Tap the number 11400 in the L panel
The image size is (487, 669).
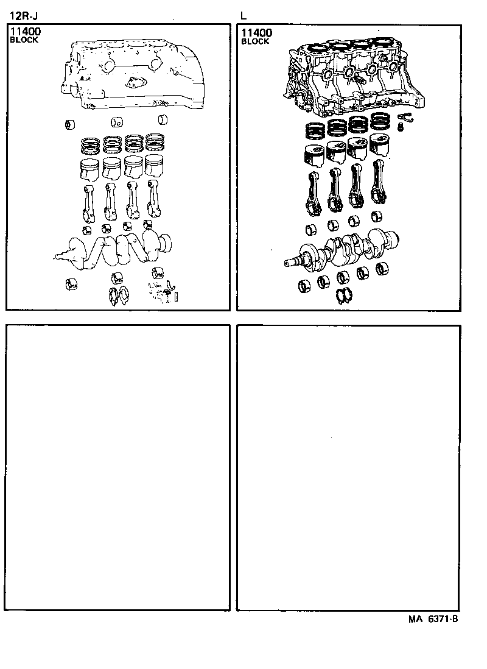(257, 33)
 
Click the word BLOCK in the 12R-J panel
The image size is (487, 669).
(24, 40)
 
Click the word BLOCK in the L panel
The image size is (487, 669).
(255, 41)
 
